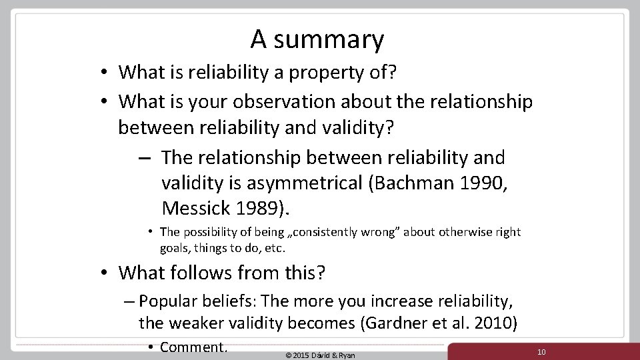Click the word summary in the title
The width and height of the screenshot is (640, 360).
coord(329,41)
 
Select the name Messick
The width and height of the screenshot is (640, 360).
coord(198,209)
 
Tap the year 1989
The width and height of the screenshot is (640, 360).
coord(261,209)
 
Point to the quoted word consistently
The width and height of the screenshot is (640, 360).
coord(323,232)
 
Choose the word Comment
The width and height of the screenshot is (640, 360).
coord(194,347)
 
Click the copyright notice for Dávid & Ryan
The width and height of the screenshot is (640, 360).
coord(320,355)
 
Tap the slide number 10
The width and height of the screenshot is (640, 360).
coord(541,351)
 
